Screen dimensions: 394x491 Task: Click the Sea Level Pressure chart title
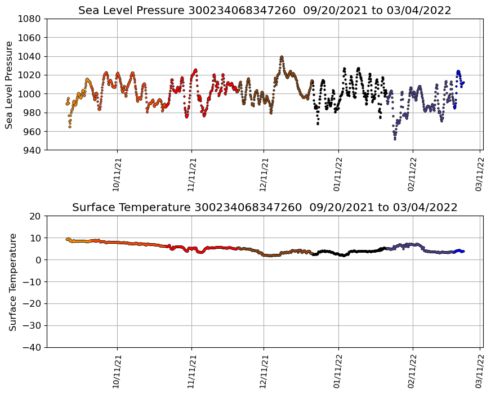coord(265,10)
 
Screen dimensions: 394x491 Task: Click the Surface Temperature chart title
coord(265,208)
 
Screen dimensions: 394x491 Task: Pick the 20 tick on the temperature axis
coord(36,216)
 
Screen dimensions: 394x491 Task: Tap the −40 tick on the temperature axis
coord(33,347)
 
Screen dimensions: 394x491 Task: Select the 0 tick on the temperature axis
coord(39,260)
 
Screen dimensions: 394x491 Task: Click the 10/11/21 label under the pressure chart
coord(118,174)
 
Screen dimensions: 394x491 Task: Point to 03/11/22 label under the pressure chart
coord(480,174)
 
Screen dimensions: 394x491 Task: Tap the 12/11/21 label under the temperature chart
coord(264,371)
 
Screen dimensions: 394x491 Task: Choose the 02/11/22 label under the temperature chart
coord(413,371)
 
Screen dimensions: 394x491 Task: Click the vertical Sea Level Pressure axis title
coord(9,84)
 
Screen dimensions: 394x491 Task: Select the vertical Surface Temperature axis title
coord(12,281)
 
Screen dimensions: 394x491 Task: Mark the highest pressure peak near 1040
coord(282,57)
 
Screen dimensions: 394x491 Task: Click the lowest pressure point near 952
coord(395,138)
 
